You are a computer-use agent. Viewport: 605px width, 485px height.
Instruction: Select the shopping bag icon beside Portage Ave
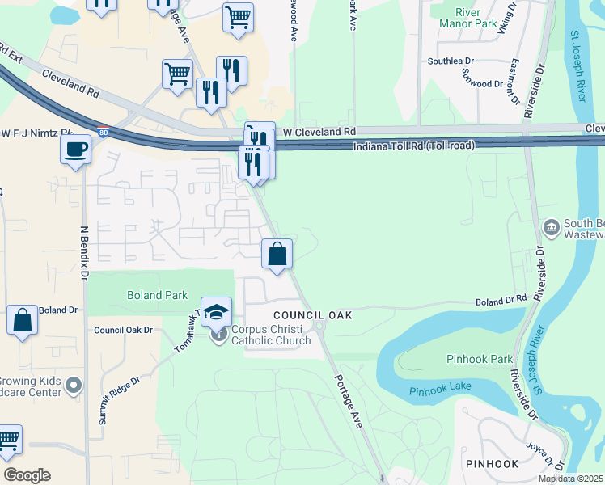(277, 255)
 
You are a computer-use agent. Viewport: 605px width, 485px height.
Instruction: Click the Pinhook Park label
(480, 358)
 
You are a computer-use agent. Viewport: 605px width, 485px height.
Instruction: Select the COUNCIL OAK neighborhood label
(312, 315)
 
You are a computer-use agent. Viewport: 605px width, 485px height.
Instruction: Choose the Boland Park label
(157, 295)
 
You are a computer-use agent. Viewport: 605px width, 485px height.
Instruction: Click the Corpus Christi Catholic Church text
(271, 335)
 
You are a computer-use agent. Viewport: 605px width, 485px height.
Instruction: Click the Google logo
(27, 475)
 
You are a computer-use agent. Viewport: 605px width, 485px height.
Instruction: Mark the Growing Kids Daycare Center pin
(74, 386)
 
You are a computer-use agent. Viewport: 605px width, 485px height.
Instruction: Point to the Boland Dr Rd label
(501, 301)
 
